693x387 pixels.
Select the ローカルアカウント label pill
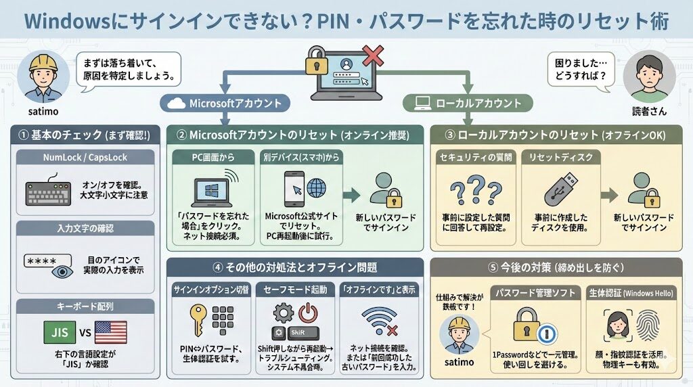[468, 104]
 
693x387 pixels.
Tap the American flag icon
[110, 333]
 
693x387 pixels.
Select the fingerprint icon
[646, 327]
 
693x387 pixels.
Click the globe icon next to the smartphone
[315, 187]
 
